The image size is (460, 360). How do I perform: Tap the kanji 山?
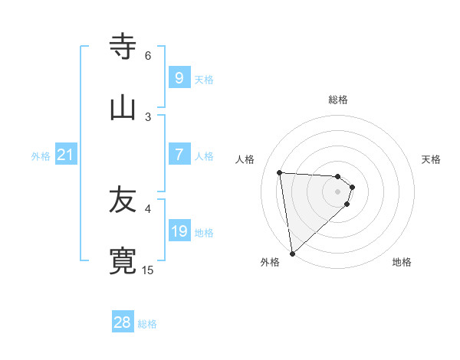(x=123, y=107)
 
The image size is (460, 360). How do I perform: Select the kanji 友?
(x=123, y=201)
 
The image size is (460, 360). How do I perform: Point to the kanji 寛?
(x=123, y=260)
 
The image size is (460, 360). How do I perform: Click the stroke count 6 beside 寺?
(x=148, y=56)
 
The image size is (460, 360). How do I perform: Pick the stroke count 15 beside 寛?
(x=148, y=270)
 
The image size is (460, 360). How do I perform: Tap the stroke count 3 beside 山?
(x=148, y=116)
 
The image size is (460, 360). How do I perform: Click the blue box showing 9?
(x=179, y=78)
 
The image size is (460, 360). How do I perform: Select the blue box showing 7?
(x=179, y=155)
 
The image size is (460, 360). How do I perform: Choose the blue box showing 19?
(x=179, y=231)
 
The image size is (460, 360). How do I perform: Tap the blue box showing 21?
(x=66, y=155)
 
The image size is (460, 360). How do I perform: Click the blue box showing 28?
(x=123, y=322)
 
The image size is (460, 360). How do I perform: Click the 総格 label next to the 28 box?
(x=147, y=324)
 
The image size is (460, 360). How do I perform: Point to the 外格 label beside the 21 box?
(x=41, y=156)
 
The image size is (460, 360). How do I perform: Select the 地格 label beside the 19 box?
(x=204, y=233)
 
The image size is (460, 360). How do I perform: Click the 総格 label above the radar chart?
(x=338, y=100)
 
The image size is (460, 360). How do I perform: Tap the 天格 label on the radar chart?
(x=432, y=159)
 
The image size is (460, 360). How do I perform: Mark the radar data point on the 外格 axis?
(x=292, y=253)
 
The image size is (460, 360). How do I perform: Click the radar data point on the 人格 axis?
(x=279, y=172)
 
